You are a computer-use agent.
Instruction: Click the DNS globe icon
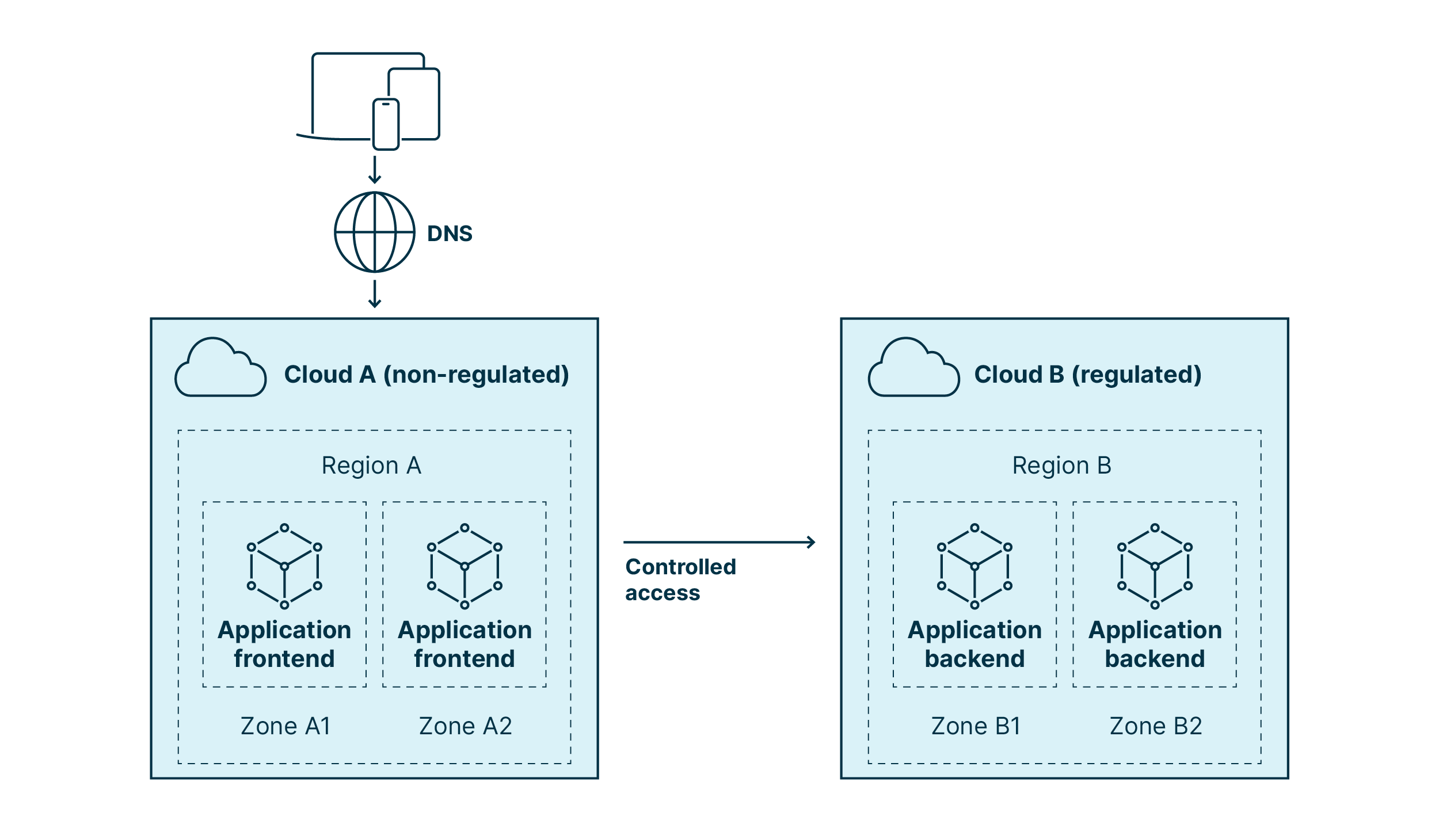[375, 232]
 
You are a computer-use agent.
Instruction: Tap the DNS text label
[450, 234]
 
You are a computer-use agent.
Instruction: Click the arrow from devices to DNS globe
[375, 170]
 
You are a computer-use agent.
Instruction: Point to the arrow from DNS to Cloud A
[375, 294]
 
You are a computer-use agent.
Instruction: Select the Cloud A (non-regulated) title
[427, 375]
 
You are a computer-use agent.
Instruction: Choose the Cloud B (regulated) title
[1088, 375]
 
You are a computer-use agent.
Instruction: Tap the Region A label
[371, 466]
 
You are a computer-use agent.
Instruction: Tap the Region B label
[1062, 466]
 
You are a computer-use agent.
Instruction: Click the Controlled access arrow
[719, 542]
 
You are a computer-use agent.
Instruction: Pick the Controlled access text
[680, 579]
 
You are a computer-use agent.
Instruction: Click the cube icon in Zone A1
[284, 566]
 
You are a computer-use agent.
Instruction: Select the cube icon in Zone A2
[465, 566]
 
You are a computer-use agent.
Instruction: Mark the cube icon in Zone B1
[974, 566]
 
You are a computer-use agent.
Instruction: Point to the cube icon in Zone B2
[1155, 566]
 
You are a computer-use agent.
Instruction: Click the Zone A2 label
[465, 726]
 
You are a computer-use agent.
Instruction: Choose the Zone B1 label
[976, 726]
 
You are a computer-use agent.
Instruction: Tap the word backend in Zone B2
[1155, 658]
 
